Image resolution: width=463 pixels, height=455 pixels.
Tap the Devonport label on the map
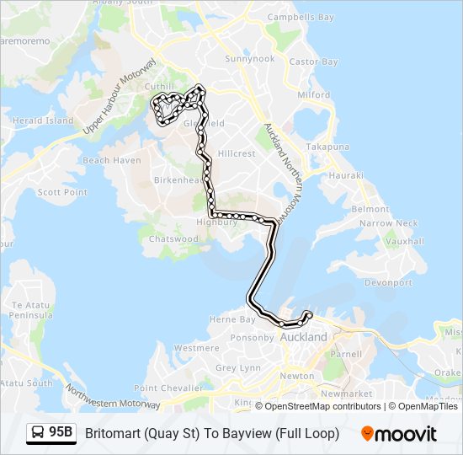point(388,283)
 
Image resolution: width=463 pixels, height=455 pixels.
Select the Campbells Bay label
point(301,17)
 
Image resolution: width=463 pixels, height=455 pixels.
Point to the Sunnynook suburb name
point(250,59)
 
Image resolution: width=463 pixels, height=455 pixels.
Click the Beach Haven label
point(112,160)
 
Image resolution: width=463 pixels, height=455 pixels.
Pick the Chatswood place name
point(173,239)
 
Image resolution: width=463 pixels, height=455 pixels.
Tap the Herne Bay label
point(231,320)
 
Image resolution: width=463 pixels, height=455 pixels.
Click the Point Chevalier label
point(168,388)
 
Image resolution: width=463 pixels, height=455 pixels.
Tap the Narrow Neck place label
point(388,223)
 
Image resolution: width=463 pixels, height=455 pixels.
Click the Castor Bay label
point(313,62)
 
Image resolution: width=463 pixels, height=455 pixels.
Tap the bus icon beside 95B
point(38,433)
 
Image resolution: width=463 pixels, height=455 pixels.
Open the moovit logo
point(399,433)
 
